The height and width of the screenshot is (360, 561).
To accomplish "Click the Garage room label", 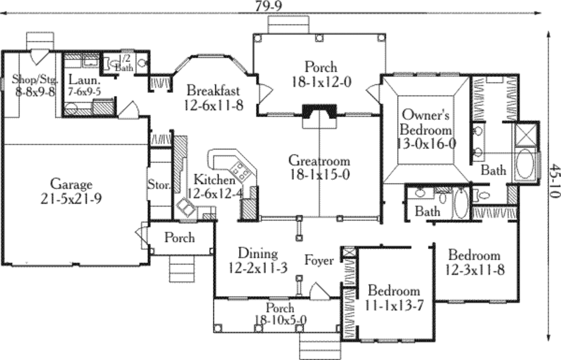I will tap(71, 184).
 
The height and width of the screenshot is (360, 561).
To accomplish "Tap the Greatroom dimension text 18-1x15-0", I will tap(319, 175).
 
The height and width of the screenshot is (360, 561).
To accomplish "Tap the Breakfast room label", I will tap(213, 90).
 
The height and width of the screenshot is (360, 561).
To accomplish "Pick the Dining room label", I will tap(257, 253).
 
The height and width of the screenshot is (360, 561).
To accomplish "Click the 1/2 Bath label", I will tap(124, 63).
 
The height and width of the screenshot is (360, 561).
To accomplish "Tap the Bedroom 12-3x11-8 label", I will tap(474, 255).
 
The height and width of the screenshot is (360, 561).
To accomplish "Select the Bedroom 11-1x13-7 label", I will tap(393, 290).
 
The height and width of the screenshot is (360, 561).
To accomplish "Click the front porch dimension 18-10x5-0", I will tap(280, 320).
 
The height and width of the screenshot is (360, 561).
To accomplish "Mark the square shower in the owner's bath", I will tap(525, 133).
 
